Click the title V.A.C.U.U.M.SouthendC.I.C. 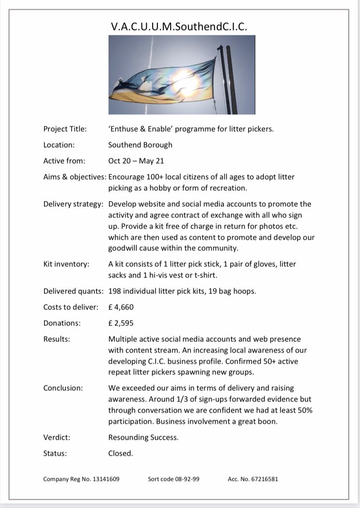pyautogui.click(x=179, y=27)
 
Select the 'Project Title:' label pyautogui.click(x=65, y=129)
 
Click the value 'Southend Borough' pyautogui.click(x=140, y=145)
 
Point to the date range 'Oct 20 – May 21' pyautogui.click(x=136, y=161)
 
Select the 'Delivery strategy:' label pyautogui.click(x=73, y=204)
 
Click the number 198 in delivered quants pyautogui.click(x=115, y=291)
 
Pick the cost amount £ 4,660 pyautogui.click(x=121, y=307)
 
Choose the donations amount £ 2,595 pyautogui.click(x=121, y=323)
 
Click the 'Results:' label pyautogui.click(x=57, y=339)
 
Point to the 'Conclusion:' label pyautogui.click(x=63, y=388)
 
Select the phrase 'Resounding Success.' pyautogui.click(x=143, y=437)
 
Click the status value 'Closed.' pyautogui.click(x=120, y=454)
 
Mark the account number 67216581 pyautogui.click(x=265, y=479)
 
